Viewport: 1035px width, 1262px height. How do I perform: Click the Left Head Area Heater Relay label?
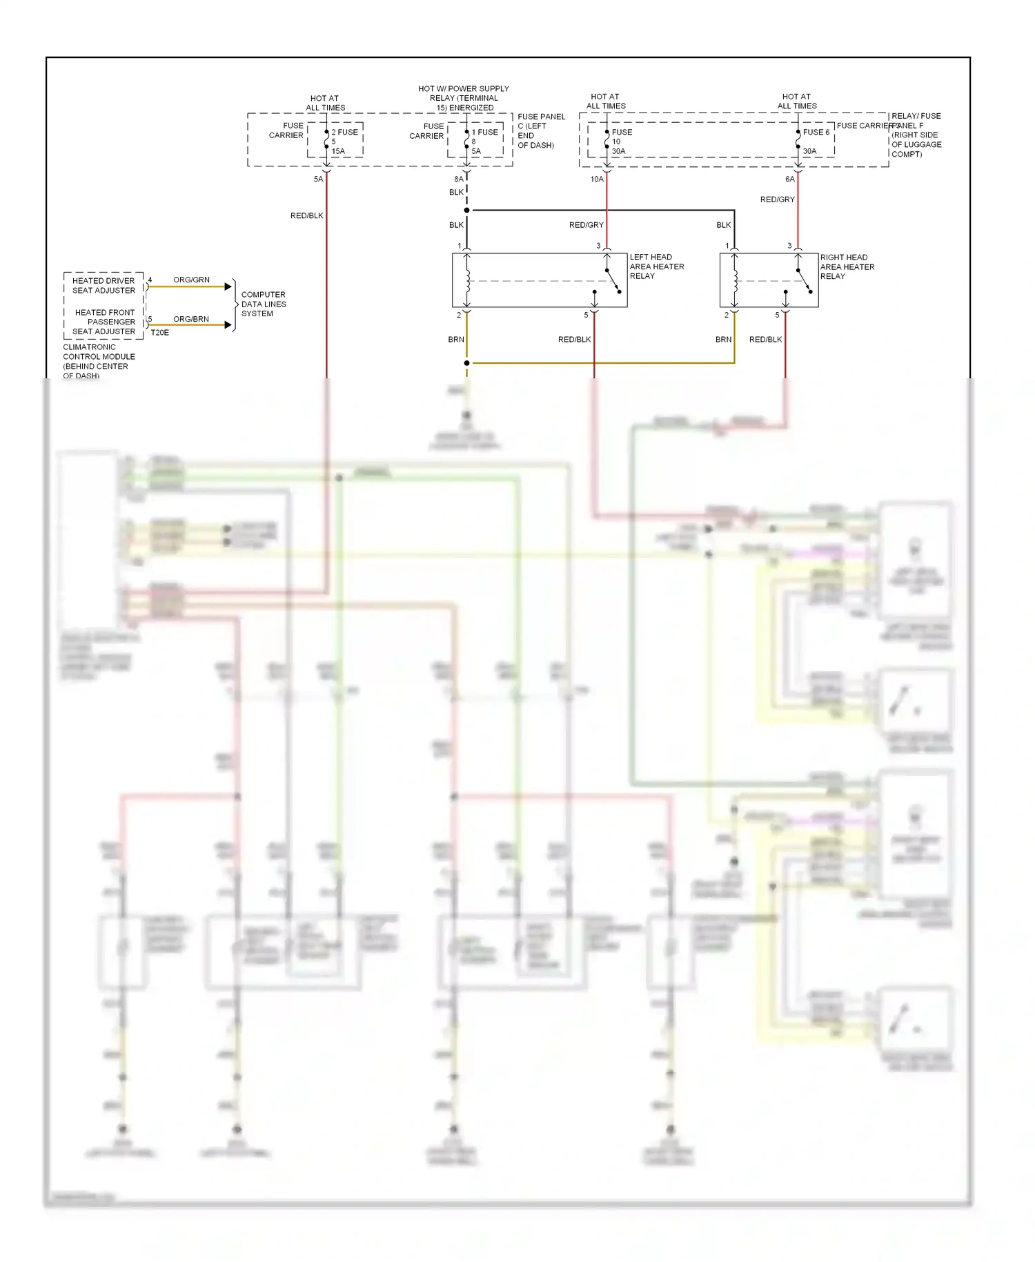[656, 266]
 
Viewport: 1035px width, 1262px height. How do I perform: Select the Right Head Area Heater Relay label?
[847, 266]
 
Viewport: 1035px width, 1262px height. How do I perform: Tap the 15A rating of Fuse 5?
[338, 151]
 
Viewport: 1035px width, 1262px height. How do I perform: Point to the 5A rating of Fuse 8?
[476, 151]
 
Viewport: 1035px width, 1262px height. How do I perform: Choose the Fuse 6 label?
[816, 132]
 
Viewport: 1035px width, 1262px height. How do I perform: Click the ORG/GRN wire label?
[191, 280]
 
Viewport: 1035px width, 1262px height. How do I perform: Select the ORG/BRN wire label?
[191, 319]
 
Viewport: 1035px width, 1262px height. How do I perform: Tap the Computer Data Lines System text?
[263, 304]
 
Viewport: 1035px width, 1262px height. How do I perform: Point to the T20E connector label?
[159, 333]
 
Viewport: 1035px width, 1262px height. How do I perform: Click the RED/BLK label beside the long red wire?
[306, 215]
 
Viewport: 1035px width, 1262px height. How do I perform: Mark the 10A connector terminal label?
[597, 179]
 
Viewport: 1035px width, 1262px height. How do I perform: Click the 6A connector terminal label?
[789, 179]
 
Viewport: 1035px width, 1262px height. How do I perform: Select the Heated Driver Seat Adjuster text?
[103, 285]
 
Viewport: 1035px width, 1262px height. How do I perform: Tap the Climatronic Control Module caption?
[99, 361]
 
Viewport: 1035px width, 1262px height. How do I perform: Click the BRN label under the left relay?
[456, 339]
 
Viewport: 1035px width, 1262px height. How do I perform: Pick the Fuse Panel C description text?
[540, 131]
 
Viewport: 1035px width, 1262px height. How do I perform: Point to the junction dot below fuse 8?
[467, 210]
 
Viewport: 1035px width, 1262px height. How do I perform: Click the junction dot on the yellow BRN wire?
[467, 362]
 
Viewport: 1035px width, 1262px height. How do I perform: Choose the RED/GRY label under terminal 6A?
[777, 200]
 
